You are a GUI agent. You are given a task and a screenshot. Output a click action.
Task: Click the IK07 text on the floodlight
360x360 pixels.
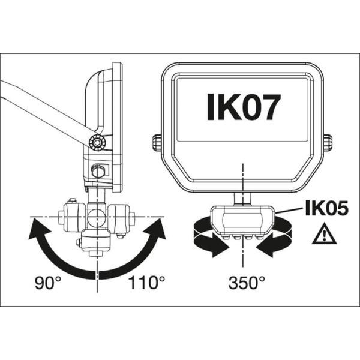click(243, 106)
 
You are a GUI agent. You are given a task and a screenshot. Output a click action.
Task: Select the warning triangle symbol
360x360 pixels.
click(324, 235)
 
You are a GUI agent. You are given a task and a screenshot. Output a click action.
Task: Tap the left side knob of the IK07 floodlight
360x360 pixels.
click(156, 143)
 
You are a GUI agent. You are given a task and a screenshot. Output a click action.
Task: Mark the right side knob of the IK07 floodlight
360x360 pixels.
click(327, 143)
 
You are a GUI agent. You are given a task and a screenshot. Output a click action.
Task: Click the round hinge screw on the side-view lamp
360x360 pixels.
click(95, 143)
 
